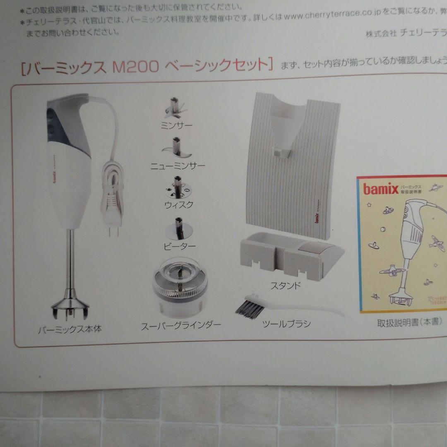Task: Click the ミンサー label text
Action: pyautogui.click(x=176, y=125)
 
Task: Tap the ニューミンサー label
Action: pyautogui.click(x=178, y=166)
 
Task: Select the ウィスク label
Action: pyautogui.click(x=179, y=205)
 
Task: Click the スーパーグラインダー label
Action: pyautogui.click(x=181, y=325)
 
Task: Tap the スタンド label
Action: pyautogui.click(x=286, y=285)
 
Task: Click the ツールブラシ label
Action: pyautogui.click(x=286, y=324)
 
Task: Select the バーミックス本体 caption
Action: pyautogui.click(x=70, y=330)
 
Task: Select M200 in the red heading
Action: pyautogui.click(x=135, y=66)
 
